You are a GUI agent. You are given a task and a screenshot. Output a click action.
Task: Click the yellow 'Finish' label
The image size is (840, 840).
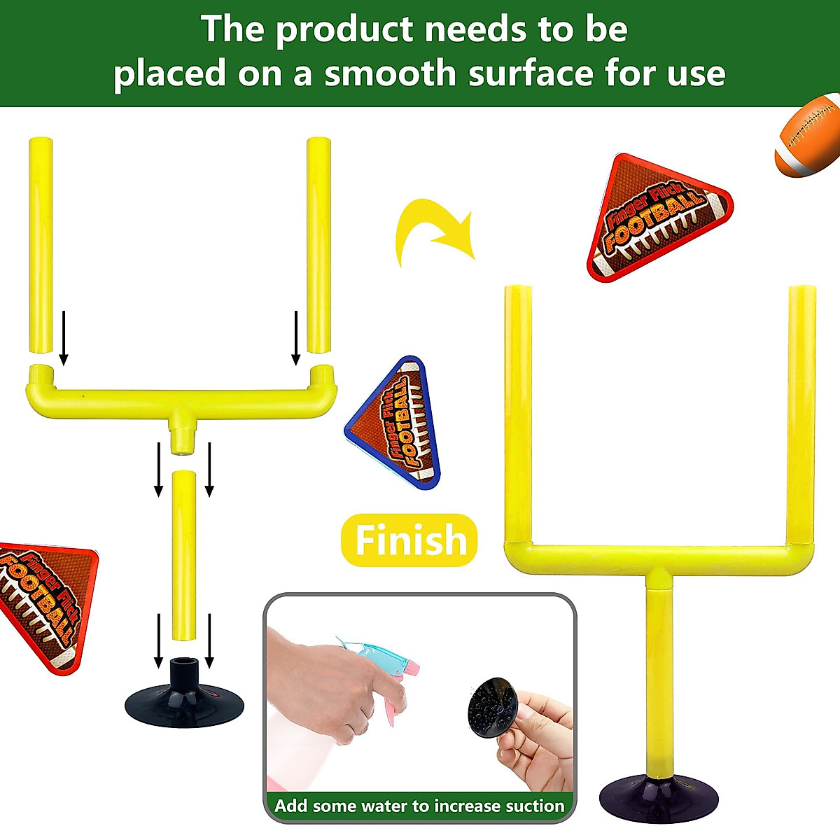click(x=409, y=540)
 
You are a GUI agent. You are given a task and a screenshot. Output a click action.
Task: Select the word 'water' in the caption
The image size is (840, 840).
click(x=403, y=806)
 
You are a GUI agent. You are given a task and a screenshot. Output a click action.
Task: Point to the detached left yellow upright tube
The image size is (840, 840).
click(x=41, y=245)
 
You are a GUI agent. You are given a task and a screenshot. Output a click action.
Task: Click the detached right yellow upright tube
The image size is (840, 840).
click(x=318, y=245)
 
